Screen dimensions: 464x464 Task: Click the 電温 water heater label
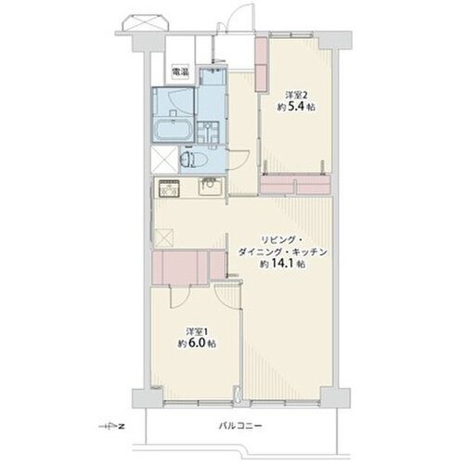180,72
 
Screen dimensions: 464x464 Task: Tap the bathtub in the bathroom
173,130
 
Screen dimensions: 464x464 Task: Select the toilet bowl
193,160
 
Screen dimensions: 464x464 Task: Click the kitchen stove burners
169,187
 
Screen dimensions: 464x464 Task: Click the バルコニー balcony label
240,426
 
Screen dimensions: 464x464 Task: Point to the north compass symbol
111,427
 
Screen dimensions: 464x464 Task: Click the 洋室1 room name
197,332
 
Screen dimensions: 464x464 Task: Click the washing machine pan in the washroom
209,132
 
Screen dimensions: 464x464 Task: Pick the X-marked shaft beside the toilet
165,160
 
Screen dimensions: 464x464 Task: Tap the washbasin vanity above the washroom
213,77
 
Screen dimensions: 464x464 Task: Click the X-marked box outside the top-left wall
146,24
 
